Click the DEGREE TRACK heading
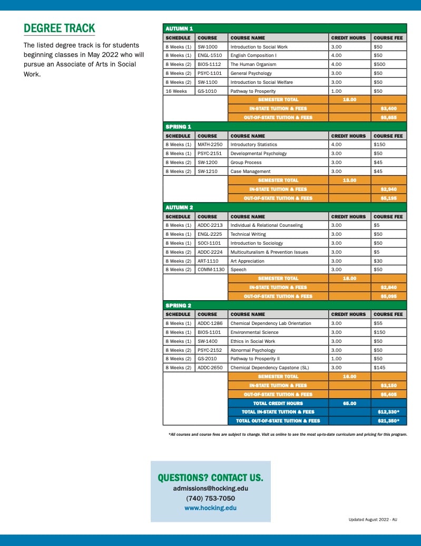point(60,28)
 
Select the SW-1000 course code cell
point(207,47)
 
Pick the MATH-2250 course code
point(209,145)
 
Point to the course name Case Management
point(250,171)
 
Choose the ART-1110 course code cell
point(208,261)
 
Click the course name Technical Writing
point(248,234)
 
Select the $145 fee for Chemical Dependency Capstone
point(379,368)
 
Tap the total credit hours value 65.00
point(349,403)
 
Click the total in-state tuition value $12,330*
point(388,412)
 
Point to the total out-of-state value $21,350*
point(388,421)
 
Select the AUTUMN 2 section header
point(179,207)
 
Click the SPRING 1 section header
point(178,127)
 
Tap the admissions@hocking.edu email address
point(210,488)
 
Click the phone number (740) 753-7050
point(210,499)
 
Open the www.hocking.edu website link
point(210,508)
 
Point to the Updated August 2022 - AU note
point(373,520)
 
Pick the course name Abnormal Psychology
point(253,350)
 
